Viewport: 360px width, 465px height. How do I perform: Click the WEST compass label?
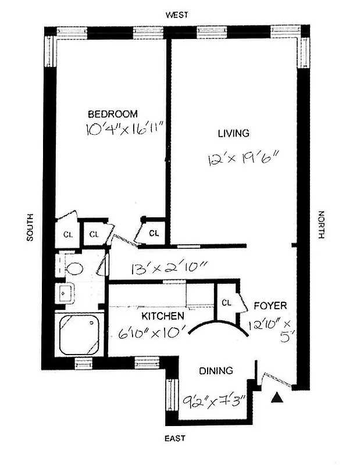tap(176, 16)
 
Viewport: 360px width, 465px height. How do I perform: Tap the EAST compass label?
tap(177, 438)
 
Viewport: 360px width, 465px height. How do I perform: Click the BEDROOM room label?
tap(113, 113)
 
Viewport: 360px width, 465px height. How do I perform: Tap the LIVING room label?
tap(233, 133)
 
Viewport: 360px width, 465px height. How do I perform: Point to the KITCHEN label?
tap(163, 316)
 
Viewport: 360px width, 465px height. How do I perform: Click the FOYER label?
tap(269, 305)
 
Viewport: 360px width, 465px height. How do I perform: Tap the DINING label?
tap(216, 370)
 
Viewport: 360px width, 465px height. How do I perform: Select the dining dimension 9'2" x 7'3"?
tap(213, 400)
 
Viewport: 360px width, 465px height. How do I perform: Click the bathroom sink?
tap(65, 294)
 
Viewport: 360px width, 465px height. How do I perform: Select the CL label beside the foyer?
tap(226, 303)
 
